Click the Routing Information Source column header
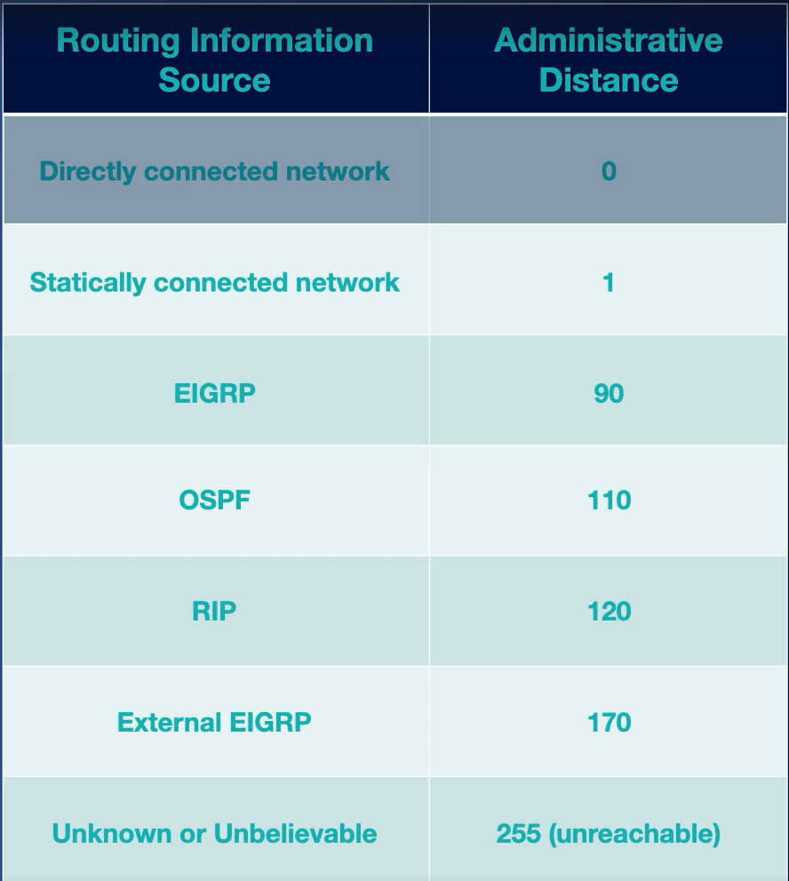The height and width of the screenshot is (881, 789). click(215, 60)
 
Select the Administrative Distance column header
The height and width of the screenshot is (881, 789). click(609, 60)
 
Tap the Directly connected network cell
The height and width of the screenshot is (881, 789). click(215, 171)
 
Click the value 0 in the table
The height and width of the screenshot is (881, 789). click(609, 171)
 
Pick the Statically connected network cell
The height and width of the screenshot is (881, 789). click(215, 283)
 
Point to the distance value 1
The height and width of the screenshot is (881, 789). click(609, 283)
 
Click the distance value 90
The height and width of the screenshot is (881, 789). click(609, 393)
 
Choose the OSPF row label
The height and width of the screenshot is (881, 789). click(215, 501)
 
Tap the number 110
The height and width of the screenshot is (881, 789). click(609, 501)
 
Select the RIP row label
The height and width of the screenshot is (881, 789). click(215, 612)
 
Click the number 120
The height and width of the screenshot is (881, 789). click(609, 612)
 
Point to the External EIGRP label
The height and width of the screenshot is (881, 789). click(215, 722)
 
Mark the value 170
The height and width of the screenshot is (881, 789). click(609, 722)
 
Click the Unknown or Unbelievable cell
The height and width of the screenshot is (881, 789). click(215, 834)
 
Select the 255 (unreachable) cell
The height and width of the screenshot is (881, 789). click(609, 834)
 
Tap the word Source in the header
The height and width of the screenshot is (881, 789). click(215, 80)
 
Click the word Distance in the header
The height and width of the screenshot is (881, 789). click(609, 80)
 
